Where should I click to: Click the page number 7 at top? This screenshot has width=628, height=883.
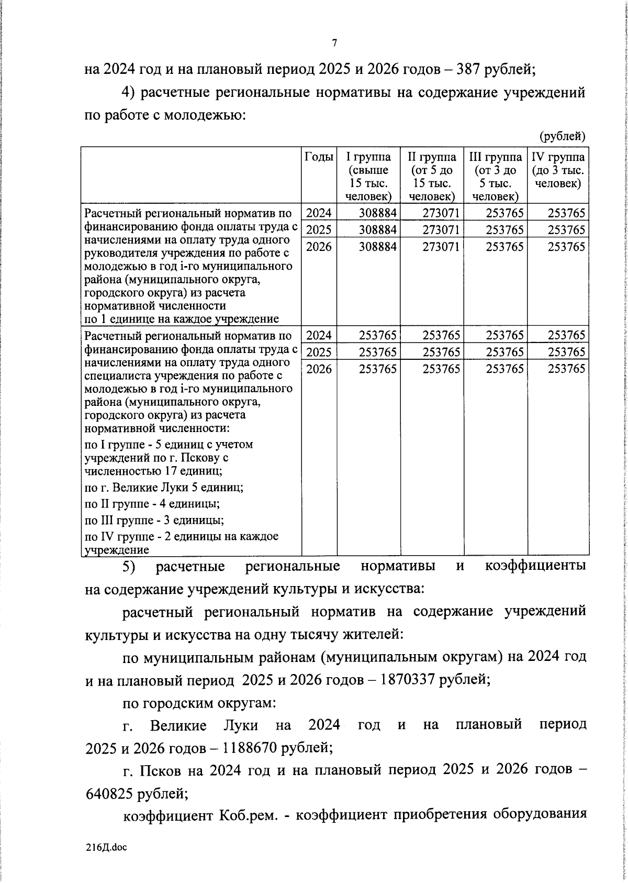coord(334,43)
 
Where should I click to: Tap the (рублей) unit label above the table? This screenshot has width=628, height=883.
coord(563,136)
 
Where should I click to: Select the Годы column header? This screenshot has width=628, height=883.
coord(319,157)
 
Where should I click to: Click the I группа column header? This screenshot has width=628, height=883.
coord(369,176)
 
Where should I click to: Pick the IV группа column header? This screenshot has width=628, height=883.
coord(558,170)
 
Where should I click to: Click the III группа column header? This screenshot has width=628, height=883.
coord(495,176)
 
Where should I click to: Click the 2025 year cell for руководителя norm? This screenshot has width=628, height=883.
coord(319,230)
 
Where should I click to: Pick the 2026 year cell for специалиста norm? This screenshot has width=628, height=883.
coord(319,369)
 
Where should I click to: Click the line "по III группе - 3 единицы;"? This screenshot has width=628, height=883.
coord(154,521)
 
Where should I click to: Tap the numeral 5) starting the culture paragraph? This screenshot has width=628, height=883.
coord(129,567)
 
